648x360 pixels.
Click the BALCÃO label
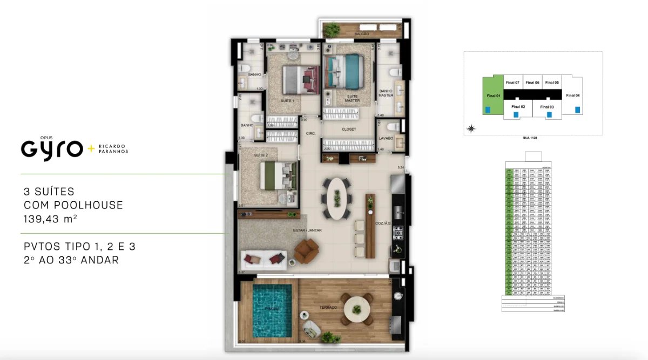click(362, 34)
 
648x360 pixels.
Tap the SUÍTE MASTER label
click(352, 98)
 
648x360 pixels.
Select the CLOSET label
click(349, 130)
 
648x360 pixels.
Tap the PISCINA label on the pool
click(271, 308)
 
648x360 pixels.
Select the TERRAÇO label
click(328, 308)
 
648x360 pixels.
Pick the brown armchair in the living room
click(307, 250)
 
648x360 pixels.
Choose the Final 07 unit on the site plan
click(512, 83)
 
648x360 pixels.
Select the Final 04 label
click(573, 96)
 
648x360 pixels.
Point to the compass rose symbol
click(472, 128)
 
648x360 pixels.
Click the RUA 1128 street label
click(530, 138)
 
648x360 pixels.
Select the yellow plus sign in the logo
click(90, 148)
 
